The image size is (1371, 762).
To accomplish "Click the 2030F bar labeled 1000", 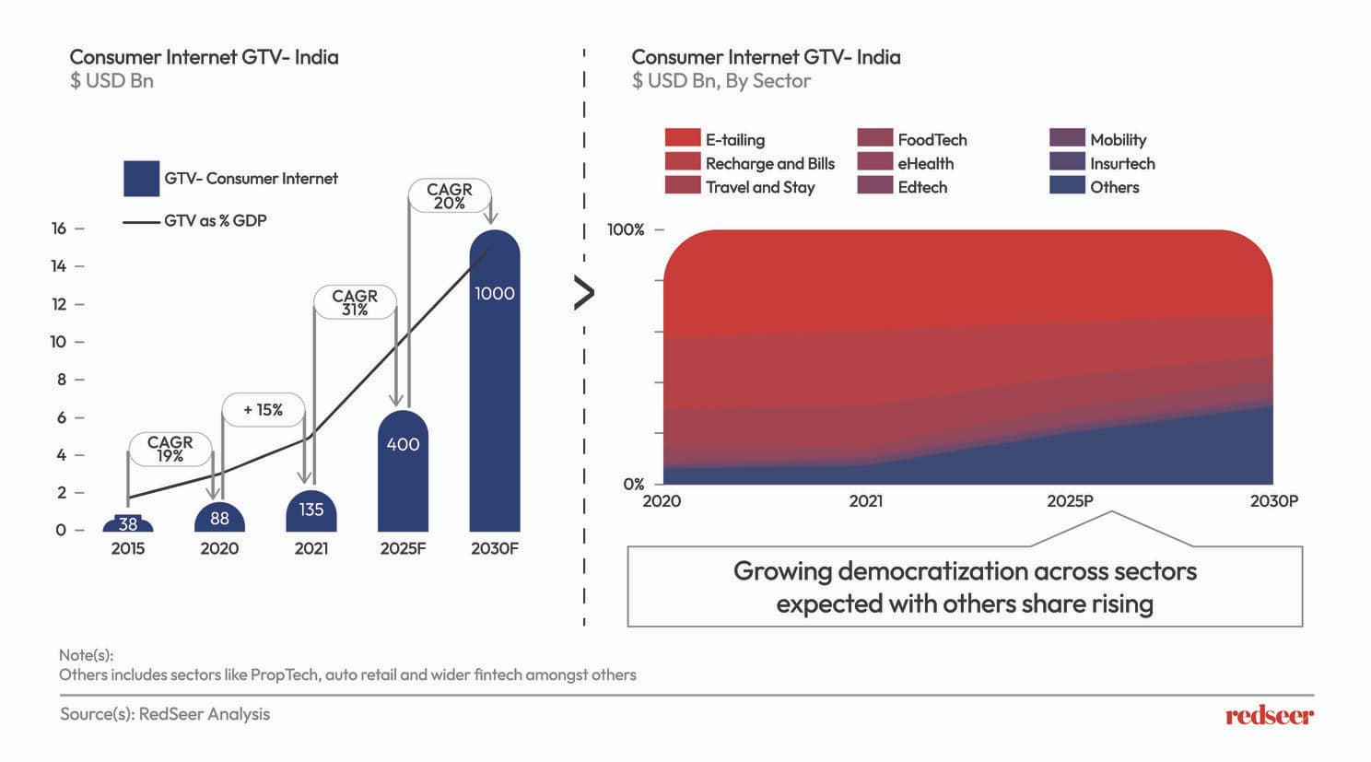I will [495, 387].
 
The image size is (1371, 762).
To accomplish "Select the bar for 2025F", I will [403, 475].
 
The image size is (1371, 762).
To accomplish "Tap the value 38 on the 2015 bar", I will [128, 524].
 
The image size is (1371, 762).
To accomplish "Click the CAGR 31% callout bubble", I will [355, 302].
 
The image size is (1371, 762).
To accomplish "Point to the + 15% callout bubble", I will [263, 410].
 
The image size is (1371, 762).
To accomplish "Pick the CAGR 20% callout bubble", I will [449, 195].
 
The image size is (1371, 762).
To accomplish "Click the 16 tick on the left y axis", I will [59, 229].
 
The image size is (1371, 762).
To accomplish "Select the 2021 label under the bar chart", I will [311, 548].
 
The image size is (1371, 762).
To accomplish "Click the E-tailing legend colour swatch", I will [683, 138].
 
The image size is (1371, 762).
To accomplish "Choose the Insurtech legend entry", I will [1121, 163].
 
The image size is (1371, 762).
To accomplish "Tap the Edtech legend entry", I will [921, 187].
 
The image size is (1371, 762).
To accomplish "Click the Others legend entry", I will [1114, 187].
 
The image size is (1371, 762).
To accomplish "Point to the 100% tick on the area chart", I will [626, 229].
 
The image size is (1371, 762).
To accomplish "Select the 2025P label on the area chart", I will [1070, 501].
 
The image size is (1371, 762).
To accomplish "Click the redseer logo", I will [1269, 715].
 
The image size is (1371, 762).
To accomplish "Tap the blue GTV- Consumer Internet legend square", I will [141, 179].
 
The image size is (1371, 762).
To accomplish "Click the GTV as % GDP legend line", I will [141, 222].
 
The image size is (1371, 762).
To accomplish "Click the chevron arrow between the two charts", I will [584, 293].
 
